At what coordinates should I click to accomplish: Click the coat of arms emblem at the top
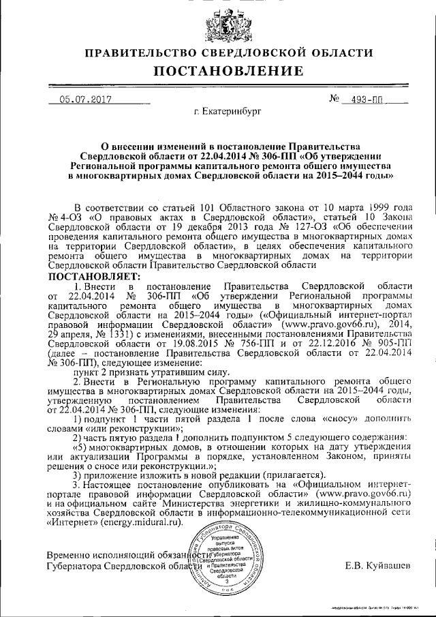pos(219,25)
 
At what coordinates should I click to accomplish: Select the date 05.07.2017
pos(86,100)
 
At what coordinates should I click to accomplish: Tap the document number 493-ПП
pos(367,100)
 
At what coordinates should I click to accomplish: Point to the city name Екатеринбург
pos(227,110)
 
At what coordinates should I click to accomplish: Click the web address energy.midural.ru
pos(143,522)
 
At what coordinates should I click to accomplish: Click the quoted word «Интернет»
pos(68,522)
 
